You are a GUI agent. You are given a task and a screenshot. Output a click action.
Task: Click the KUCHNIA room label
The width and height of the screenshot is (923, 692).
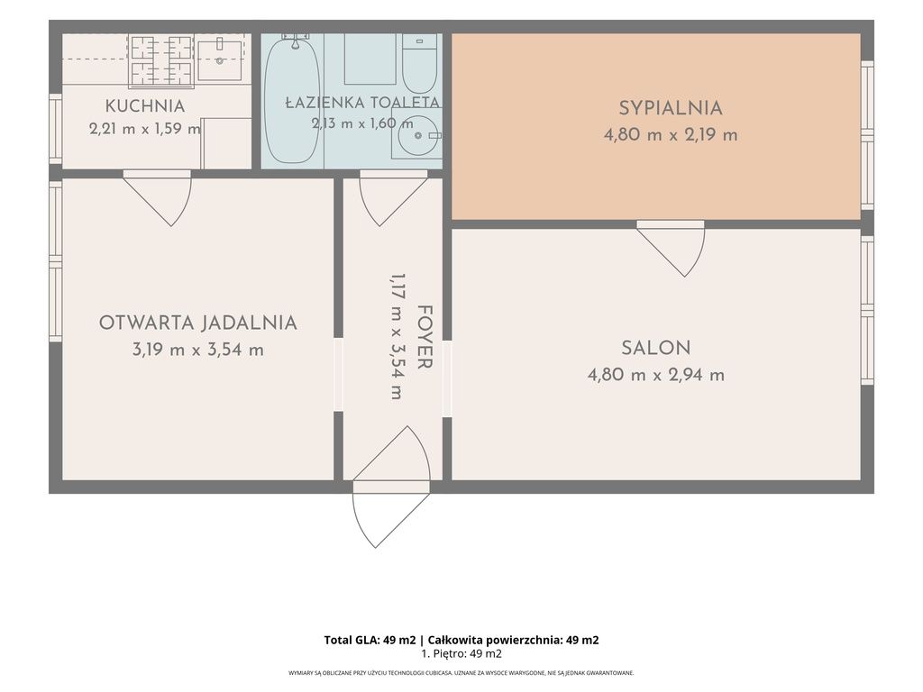click(145, 106)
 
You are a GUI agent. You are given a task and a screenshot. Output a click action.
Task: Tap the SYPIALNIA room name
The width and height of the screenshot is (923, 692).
click(671, 108)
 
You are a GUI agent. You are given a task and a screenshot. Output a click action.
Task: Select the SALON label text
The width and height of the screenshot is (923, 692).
click(656, 348)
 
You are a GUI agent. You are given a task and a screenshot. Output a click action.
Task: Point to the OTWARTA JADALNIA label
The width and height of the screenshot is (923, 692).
click(197, 323)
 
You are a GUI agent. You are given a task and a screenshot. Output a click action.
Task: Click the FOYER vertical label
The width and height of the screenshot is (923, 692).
click(424, 337)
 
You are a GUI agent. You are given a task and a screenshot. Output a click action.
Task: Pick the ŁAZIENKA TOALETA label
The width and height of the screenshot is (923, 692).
click(362, 103)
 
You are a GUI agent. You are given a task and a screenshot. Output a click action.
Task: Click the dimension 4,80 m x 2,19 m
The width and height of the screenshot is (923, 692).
click(671, 135)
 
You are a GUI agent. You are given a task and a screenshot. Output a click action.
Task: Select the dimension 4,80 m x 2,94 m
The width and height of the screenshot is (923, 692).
click(656, 375)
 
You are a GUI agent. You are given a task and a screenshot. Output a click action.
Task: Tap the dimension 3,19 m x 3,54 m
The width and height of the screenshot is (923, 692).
click(197, 351)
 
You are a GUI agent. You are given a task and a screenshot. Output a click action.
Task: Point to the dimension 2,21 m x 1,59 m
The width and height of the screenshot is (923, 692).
click(145, 128)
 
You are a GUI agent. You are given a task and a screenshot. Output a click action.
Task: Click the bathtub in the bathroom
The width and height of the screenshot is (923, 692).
click(293, 100)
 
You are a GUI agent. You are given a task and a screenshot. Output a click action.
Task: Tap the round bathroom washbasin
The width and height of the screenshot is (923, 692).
click(417, 136)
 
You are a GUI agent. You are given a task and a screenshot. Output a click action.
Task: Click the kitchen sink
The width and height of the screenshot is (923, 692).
click(219, 60)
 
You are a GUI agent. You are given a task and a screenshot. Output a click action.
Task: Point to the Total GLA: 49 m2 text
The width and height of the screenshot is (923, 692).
click(370, 641)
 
